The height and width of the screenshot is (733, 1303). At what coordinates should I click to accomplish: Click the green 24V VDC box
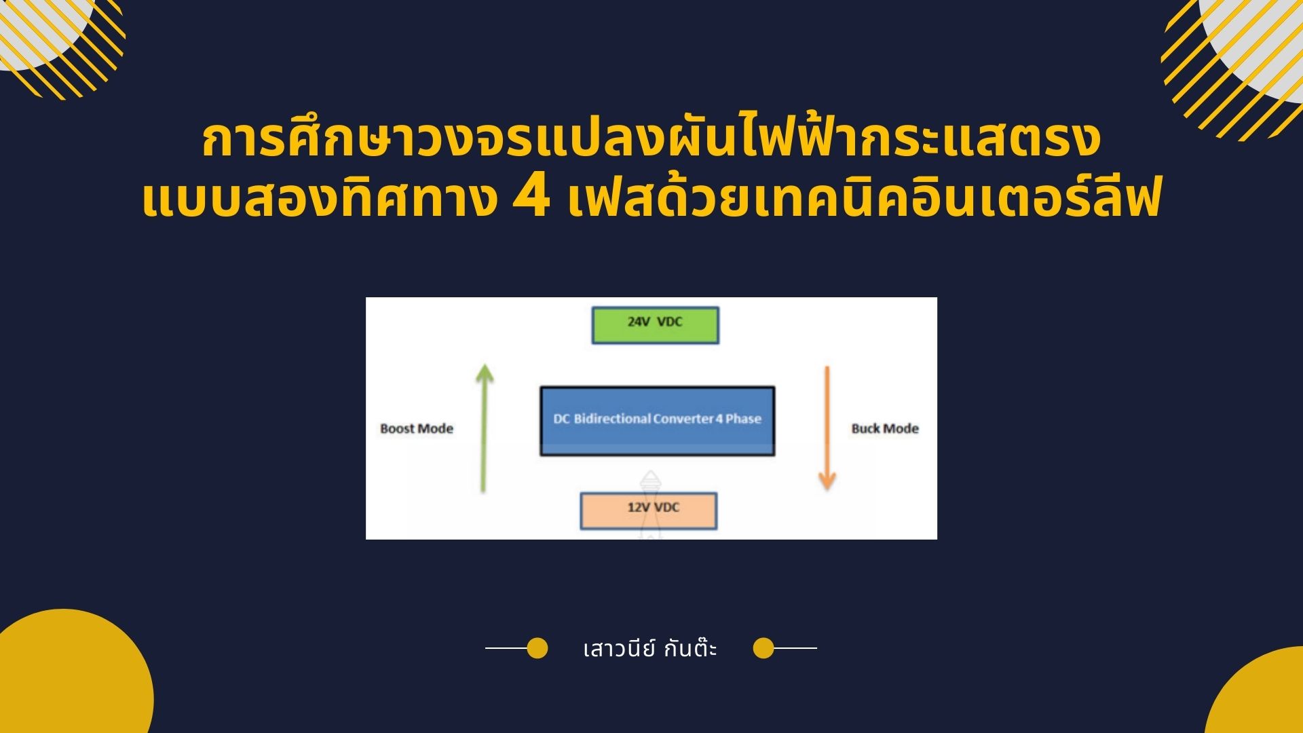655,325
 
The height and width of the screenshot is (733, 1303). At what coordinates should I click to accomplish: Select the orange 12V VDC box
648,510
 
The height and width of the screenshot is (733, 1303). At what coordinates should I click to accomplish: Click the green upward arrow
483,427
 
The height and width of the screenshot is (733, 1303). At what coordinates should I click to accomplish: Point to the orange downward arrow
827,428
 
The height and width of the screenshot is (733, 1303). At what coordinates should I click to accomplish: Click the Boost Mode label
416,429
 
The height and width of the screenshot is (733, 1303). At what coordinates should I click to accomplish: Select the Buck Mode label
884,429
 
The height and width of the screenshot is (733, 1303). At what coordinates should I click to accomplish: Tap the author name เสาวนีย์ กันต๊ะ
650,650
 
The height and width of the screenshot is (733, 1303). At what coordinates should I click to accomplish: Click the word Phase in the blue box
743,419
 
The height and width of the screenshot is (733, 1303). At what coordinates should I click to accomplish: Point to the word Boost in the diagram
397,429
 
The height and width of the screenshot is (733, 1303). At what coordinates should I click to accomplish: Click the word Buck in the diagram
866,429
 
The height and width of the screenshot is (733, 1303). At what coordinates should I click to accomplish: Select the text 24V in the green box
639,322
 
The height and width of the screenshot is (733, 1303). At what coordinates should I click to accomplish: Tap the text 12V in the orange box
639,507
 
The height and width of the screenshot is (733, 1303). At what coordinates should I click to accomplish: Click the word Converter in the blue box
683,419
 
